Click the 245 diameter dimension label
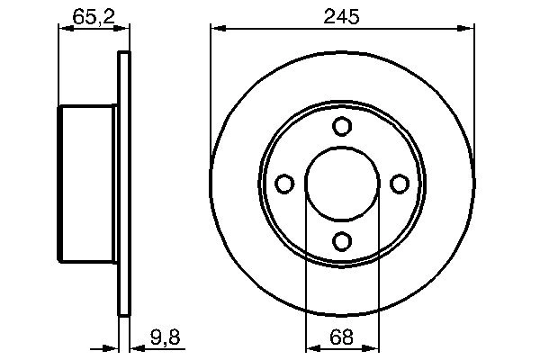342,15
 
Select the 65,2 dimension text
88,15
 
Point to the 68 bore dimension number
342,340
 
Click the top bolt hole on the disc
342,127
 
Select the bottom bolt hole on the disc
342,241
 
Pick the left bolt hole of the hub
284,184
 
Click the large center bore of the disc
342,184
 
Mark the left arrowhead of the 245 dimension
217,29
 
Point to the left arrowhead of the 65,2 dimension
64,29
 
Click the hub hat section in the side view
88,184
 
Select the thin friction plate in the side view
124,184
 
